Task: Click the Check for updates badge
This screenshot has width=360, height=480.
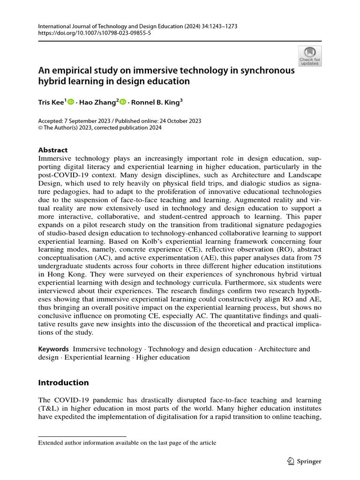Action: click(x=309, y=56)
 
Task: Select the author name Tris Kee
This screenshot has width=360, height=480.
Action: click(x=51, y=102)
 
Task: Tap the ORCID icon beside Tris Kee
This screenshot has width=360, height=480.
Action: click(x=71, y=102)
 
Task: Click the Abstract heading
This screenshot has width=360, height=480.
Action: click(x=52, y=150)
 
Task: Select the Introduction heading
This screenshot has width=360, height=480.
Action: click(x=63, y=382)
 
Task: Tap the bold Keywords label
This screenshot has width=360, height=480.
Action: click(x=53, y=349)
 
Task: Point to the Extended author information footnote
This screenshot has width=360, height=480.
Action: click(x=127, y=442)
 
